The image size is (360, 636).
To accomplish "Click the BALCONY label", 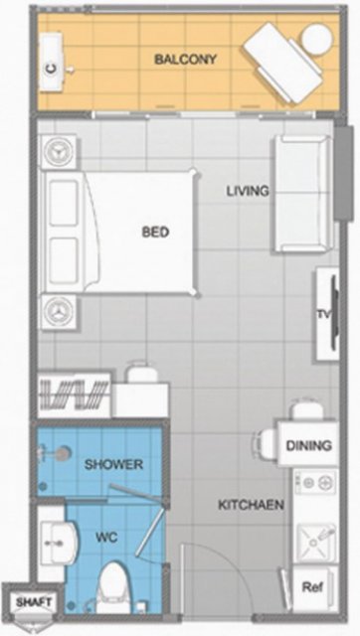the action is (186, 60).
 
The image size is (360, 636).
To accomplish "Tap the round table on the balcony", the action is (317, 40).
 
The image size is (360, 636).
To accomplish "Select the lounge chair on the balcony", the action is (282, 63).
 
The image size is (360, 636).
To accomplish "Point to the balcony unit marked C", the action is (52, 61).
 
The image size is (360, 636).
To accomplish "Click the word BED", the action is (155, 232).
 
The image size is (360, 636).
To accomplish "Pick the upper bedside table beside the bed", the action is (59, 152).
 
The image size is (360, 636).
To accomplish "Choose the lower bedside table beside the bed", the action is (59, 312).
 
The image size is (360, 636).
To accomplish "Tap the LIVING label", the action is (248, 191).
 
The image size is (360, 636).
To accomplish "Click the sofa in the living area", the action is (303, 194).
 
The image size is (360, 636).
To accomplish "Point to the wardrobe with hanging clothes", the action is (75, 395).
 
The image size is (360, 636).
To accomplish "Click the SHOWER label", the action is (113, 464).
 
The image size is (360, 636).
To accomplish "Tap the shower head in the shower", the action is (62, 454).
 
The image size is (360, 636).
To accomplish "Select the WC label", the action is (106, 538).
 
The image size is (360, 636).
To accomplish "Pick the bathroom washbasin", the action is (60, 544).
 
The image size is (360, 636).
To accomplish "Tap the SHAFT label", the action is (34, 602).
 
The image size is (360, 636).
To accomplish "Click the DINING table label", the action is (309, 445).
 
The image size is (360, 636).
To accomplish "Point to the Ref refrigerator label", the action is (312, 586).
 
